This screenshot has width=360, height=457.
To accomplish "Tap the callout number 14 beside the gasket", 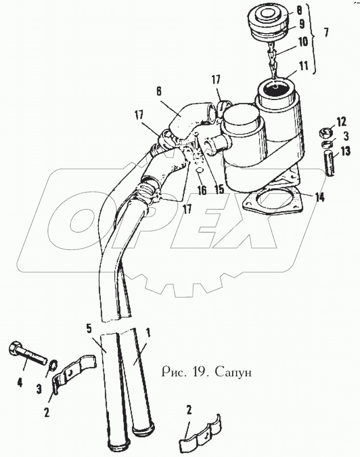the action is (x=319, y=197).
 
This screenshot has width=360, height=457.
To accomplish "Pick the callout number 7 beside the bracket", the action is (x=327, y=34).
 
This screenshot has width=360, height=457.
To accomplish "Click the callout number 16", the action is (x=202, y=190).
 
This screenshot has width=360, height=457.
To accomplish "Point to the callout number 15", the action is (x=219, y=189).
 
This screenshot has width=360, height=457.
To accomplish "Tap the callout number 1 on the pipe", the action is (x=148, y=332).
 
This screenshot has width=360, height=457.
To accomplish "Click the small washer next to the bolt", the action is (x=50, y=367).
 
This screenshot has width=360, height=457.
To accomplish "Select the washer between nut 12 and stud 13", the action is (x=327, y=143).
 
